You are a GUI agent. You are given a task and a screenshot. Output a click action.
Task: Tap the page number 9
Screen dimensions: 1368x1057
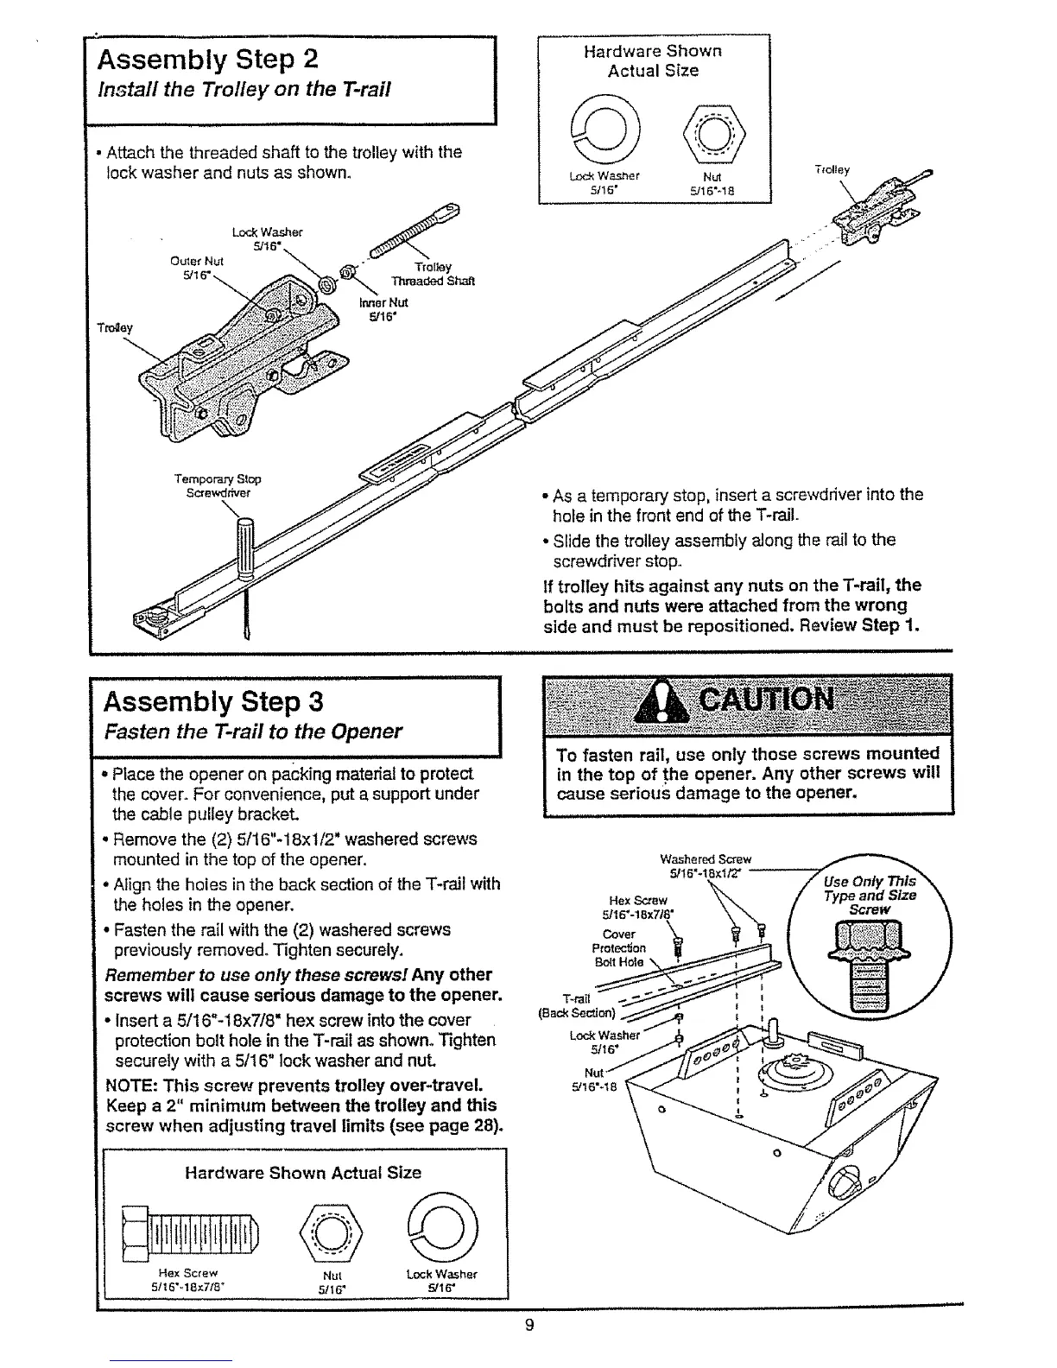point(529,1326)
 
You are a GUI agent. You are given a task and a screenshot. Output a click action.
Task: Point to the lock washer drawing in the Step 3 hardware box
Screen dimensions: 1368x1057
point(443,1226)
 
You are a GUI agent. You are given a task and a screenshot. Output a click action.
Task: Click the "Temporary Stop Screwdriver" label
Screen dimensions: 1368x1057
point(218,485)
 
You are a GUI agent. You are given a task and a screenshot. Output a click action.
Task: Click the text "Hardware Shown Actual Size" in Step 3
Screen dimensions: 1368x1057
point(303,1172)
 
